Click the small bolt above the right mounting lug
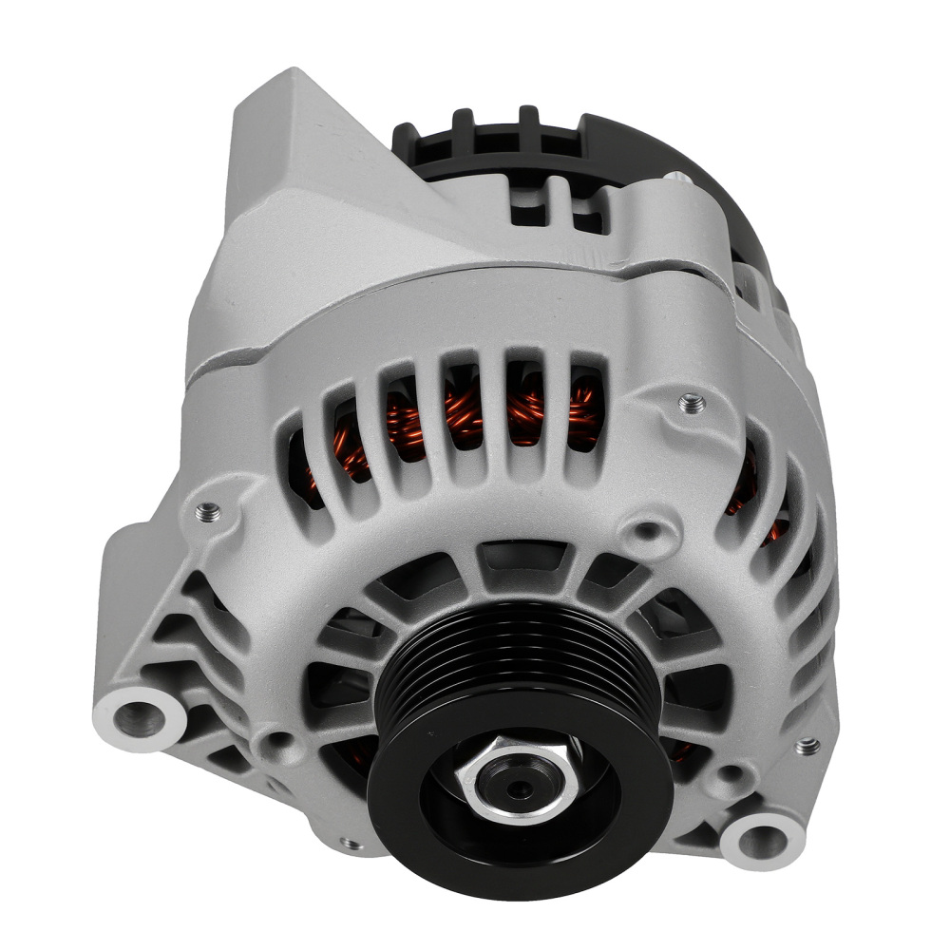807,746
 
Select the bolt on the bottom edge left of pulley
351,843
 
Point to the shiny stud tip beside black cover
676,178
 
